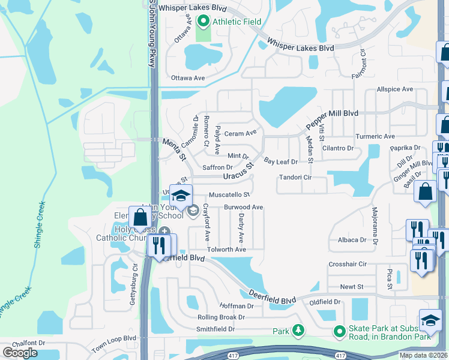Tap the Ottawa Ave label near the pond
pyautogui.click(x=188, y=78)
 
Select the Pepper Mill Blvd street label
pyautogui.click(x=332, y=118)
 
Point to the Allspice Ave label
pyautogui.click(x=395, y=89)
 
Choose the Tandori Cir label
pyautogui.click(x=295, y=178)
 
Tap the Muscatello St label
pyautogui.click(x=229, y=195)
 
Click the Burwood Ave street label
pyautogui.click(x=244, y=207)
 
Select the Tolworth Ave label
pyautogui.click(x=227, y=250)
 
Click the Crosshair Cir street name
pyautogui.click(x=348, y=264)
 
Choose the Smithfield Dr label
pyautogui.click(x=215, y=329)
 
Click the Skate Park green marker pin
pyautogui.click(x=340, y=331)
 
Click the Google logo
pyautogui.click(x=20, y=353)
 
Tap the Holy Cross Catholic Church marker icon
pyautogui.click(x=164, y=233)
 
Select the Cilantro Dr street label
pyautogui.click(x=338, y=148)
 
